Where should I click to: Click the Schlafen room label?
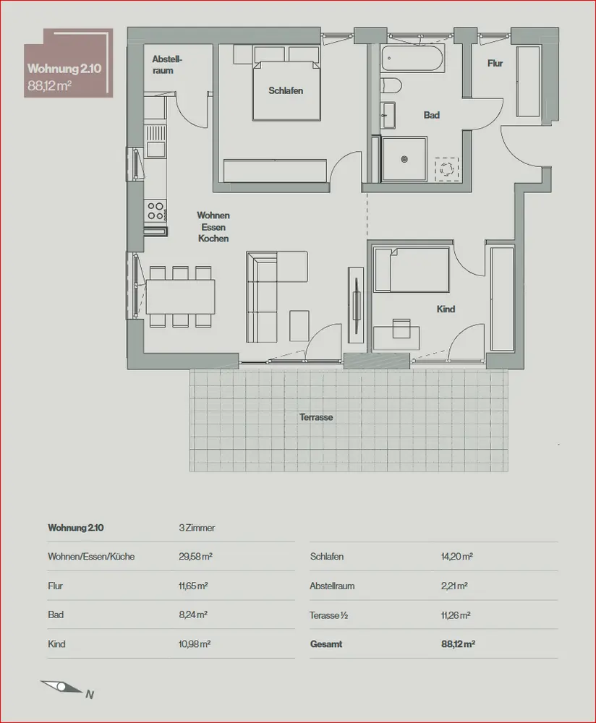(286, 90)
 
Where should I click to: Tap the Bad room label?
(432, 115)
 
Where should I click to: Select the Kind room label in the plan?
(446, 309)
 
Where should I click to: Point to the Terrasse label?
(316, 418)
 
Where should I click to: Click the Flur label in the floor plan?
(495, 64)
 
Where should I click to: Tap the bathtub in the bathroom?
(413, 59)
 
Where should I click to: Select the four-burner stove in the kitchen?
(156, 210)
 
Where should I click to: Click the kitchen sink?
(156, 149)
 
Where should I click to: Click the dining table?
(181, 296)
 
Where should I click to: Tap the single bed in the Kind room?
(412, 270)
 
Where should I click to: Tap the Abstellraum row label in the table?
(332, 586)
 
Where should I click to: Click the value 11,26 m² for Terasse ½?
(456, 615)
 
